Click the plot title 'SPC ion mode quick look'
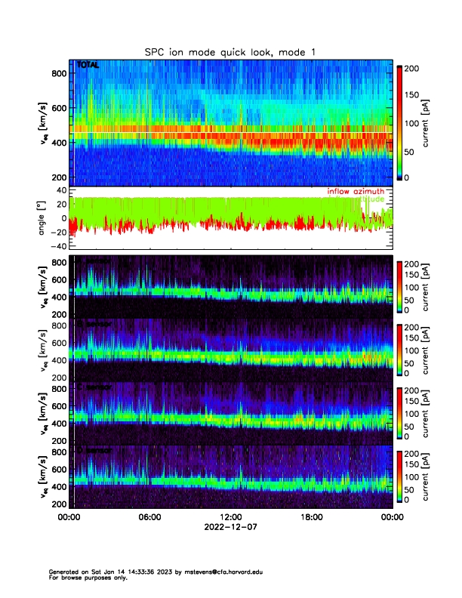click(x=230, y=51)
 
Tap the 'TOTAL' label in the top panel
click(x=88, y=66)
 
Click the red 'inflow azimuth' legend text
click(x=356, y=192)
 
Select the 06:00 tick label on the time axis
click(x=149, y=517)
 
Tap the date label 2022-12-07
click(x=230, y=528)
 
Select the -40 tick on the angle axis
click(x=57, y=246)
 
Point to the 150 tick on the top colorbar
click(x=415, y=95)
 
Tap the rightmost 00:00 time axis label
click(x=391, y=517)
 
